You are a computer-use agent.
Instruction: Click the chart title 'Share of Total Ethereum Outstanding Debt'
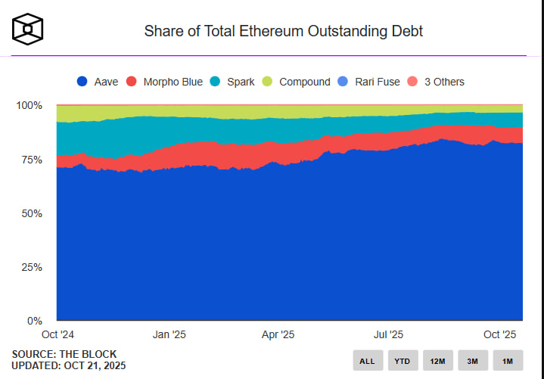[283, 31]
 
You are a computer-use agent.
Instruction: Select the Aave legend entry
[97, 81]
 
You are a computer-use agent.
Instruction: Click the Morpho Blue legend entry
[164, 81]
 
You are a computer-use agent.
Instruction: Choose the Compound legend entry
[296, 81]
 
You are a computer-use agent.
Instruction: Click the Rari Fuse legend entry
[368, 81]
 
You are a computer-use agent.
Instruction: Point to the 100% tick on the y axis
[29, 105]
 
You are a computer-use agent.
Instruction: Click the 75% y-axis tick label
[31, 160]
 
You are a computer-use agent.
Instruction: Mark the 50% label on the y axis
[31, 213]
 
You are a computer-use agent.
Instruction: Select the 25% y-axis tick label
[31, 267]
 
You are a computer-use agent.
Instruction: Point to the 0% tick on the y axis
[34, 321]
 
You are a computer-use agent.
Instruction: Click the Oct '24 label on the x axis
[57, 334]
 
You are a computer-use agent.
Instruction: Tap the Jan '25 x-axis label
[169, 334]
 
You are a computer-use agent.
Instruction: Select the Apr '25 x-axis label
[278, 334]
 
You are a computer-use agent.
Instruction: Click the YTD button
[403, 361]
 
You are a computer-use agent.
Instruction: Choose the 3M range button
[472, 361]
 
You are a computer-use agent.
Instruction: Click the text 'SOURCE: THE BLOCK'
[64, 354]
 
